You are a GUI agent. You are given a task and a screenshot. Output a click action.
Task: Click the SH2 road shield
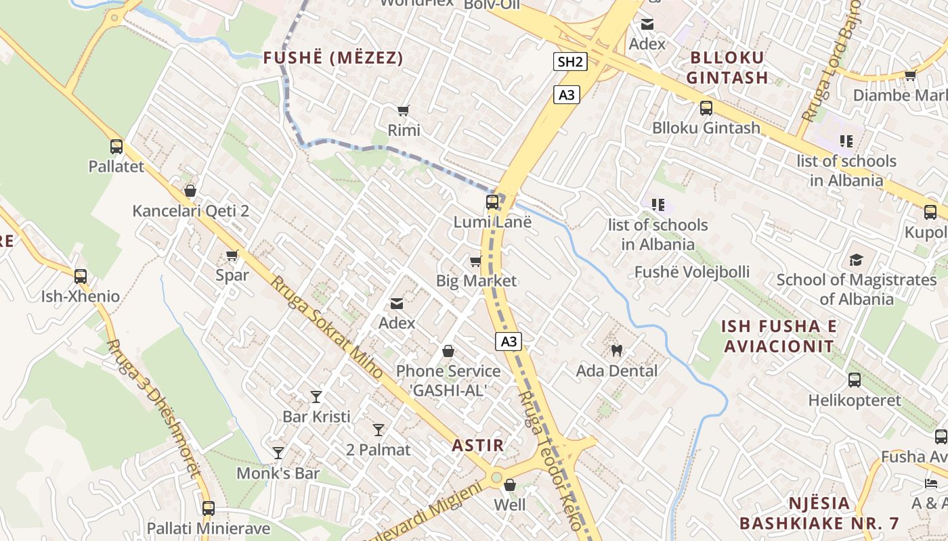point(569,62)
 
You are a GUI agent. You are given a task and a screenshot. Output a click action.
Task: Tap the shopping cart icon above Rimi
point(404,110)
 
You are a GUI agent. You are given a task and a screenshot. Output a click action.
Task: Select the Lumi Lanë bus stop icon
point(492,202)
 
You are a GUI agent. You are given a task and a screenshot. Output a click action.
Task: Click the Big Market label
point(476,281)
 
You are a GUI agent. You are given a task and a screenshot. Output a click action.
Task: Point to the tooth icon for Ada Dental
point(616,350)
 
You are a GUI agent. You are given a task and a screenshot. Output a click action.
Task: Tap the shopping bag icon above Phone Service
point(448,351)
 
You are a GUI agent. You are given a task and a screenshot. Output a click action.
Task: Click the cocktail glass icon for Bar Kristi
point(316,396)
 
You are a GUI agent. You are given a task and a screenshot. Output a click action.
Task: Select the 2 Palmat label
point(379,450)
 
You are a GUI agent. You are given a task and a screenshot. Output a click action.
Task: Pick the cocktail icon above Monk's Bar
point(278,452)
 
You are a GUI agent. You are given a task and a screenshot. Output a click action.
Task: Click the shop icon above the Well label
point(510,485)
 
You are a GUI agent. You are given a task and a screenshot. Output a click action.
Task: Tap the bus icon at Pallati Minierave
point(209,508)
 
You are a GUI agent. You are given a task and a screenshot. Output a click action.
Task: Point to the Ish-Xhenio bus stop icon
point(81,276)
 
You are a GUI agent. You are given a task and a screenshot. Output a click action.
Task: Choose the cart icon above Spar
point(232,255)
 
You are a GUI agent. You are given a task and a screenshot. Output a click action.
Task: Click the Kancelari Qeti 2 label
point(190,211)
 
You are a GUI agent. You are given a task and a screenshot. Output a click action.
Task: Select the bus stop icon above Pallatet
point(116,146)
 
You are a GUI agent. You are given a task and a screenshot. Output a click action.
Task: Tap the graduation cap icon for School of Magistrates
point(856,260)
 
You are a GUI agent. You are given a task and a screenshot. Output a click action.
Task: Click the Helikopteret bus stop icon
point(855,380)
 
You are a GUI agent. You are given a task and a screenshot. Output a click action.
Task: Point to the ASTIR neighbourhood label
point(478,446)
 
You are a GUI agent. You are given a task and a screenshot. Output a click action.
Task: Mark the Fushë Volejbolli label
point(691,272)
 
